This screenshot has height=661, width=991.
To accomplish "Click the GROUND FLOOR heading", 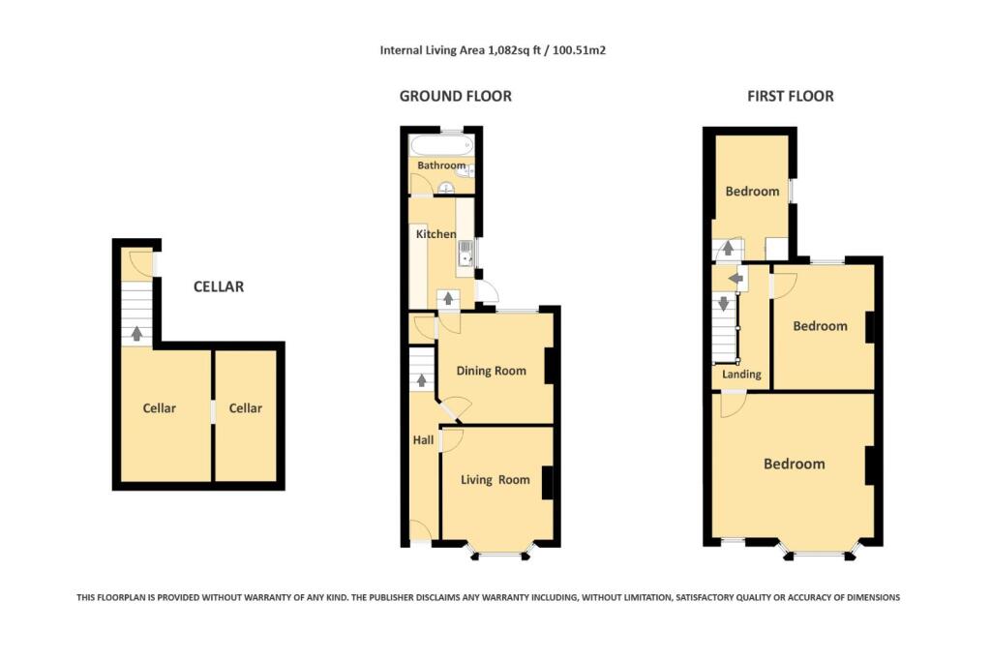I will point(456,96).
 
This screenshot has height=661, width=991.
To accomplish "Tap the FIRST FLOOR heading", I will point(790,96).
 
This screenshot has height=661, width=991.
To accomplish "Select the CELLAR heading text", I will point(219,286).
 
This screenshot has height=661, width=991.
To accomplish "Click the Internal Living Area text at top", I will point(493,49).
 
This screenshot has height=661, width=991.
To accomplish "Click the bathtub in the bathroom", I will point(441,146).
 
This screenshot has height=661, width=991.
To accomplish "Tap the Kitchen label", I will point(435,234).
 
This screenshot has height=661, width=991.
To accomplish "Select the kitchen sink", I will point(465,254).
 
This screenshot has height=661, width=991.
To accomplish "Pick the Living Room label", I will point(495,479).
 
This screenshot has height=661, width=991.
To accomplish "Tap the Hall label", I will point(423,439).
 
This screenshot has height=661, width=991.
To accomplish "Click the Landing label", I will point(742,374).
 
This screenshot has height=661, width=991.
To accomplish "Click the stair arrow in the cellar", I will point(136,333).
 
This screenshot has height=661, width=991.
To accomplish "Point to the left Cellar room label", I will point(160,408).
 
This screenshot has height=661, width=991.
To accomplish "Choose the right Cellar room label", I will point(245,408).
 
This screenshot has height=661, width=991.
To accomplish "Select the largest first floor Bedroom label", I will point(794,464).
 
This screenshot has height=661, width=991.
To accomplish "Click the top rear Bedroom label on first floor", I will point(752,191).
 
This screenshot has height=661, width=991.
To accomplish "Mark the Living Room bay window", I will point(500,554).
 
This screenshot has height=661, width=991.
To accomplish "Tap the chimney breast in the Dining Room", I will point(550,366).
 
